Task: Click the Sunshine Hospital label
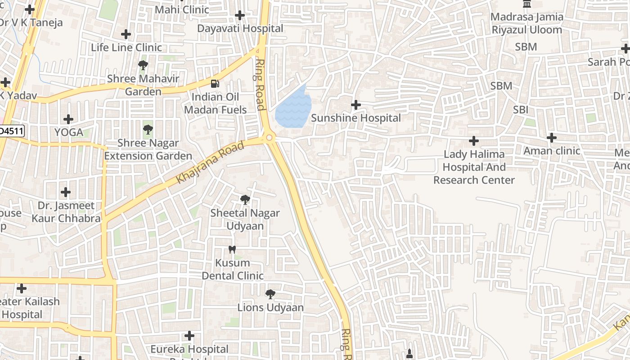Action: [355, 118]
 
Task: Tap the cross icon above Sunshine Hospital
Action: [355, 105]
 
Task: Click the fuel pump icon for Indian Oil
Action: [216, 83]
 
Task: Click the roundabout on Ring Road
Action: [270, 138]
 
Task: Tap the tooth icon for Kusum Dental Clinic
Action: [232, 249]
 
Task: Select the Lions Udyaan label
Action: [270, 308]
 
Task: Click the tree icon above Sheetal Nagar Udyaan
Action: [245, 199]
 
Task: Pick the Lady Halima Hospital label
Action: [474, 167]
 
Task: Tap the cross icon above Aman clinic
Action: [552, 138]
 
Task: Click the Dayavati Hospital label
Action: [240, 28]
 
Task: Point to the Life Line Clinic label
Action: [126, 47]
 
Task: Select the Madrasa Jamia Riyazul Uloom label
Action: [526, 23]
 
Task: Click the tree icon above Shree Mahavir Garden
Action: [143, 65]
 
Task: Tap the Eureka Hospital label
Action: [189, 349]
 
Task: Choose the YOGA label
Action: [69, 132]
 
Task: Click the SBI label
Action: [521, 110]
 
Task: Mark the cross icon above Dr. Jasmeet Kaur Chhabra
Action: [66, 192]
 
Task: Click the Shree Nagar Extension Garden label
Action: [148, 149]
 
